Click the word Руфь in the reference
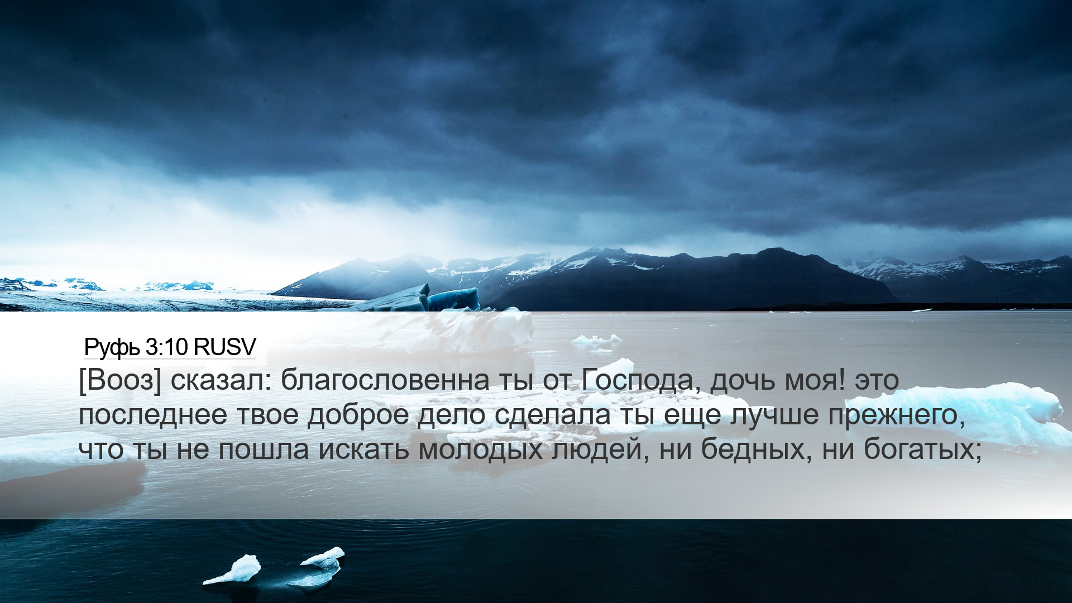(112, 348)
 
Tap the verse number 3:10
(166, 347)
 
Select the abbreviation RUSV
(224, 347)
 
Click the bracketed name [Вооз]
(119, 381)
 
